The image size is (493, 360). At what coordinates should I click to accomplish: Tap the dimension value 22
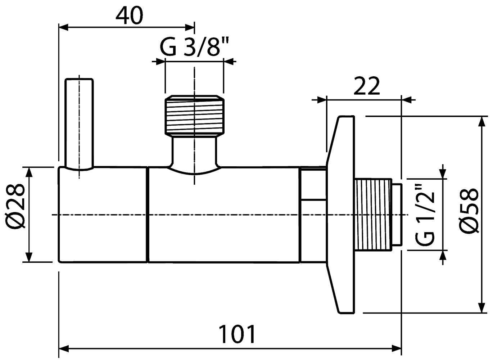click(x=367, y=86)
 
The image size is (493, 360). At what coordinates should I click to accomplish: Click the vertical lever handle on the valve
click(x=79, y=124)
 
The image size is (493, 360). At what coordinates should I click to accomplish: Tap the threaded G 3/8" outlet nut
click(x=195, y=115)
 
